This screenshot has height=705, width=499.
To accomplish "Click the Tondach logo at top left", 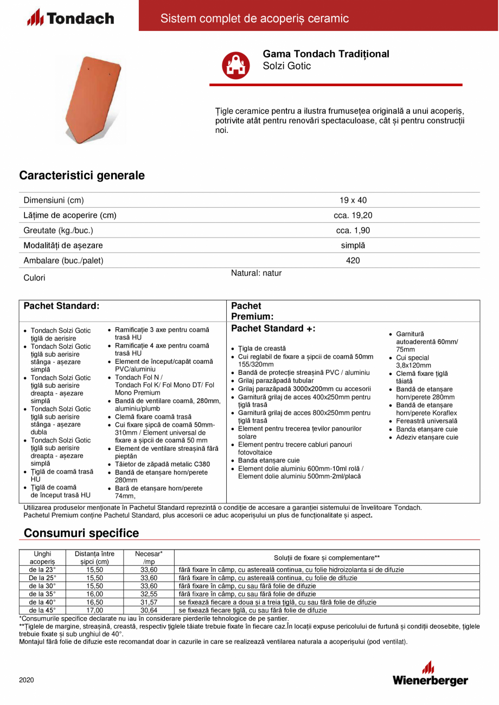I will point(71,18).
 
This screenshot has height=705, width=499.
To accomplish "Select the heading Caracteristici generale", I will point(82,176).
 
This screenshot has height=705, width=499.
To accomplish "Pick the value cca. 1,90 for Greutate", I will point(353,230).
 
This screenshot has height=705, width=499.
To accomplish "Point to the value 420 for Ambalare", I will point(353,260).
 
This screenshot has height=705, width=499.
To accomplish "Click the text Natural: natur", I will point(256,273).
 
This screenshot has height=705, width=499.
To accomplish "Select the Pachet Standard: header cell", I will point(62,306).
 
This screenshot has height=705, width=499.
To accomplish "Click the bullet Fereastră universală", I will point(426,421).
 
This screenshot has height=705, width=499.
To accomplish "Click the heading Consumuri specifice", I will point(81,533).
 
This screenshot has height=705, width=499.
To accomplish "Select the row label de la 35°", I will point(42,594).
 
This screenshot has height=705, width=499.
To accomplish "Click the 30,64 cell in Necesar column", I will point(149,610).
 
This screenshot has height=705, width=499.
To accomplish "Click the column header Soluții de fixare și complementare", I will point(327,557).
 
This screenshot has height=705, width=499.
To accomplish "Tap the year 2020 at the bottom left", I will point(27,680).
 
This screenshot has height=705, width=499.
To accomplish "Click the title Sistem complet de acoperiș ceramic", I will point(254,19).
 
